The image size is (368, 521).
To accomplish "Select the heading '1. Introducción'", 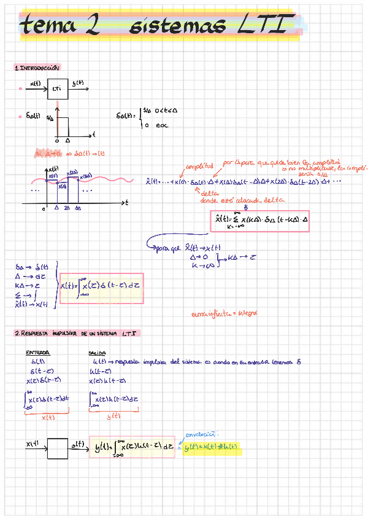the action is pyautogui.click(x=38, y=68).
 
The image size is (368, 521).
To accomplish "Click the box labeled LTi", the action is pyautogui.click(x=57, y=89).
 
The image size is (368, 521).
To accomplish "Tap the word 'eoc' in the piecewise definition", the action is pyautogui.click(x=162, y=125).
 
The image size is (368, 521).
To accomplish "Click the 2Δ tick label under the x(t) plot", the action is pyautogui.click(x=67, y=208).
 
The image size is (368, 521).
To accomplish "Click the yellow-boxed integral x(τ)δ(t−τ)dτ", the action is pyautogui.click(x=102, y=288).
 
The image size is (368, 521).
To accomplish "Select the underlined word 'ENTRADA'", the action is pyautogui.click(x=37, y=353).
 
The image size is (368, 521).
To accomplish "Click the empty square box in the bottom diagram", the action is pyautogui.click(x=57, y=448).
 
